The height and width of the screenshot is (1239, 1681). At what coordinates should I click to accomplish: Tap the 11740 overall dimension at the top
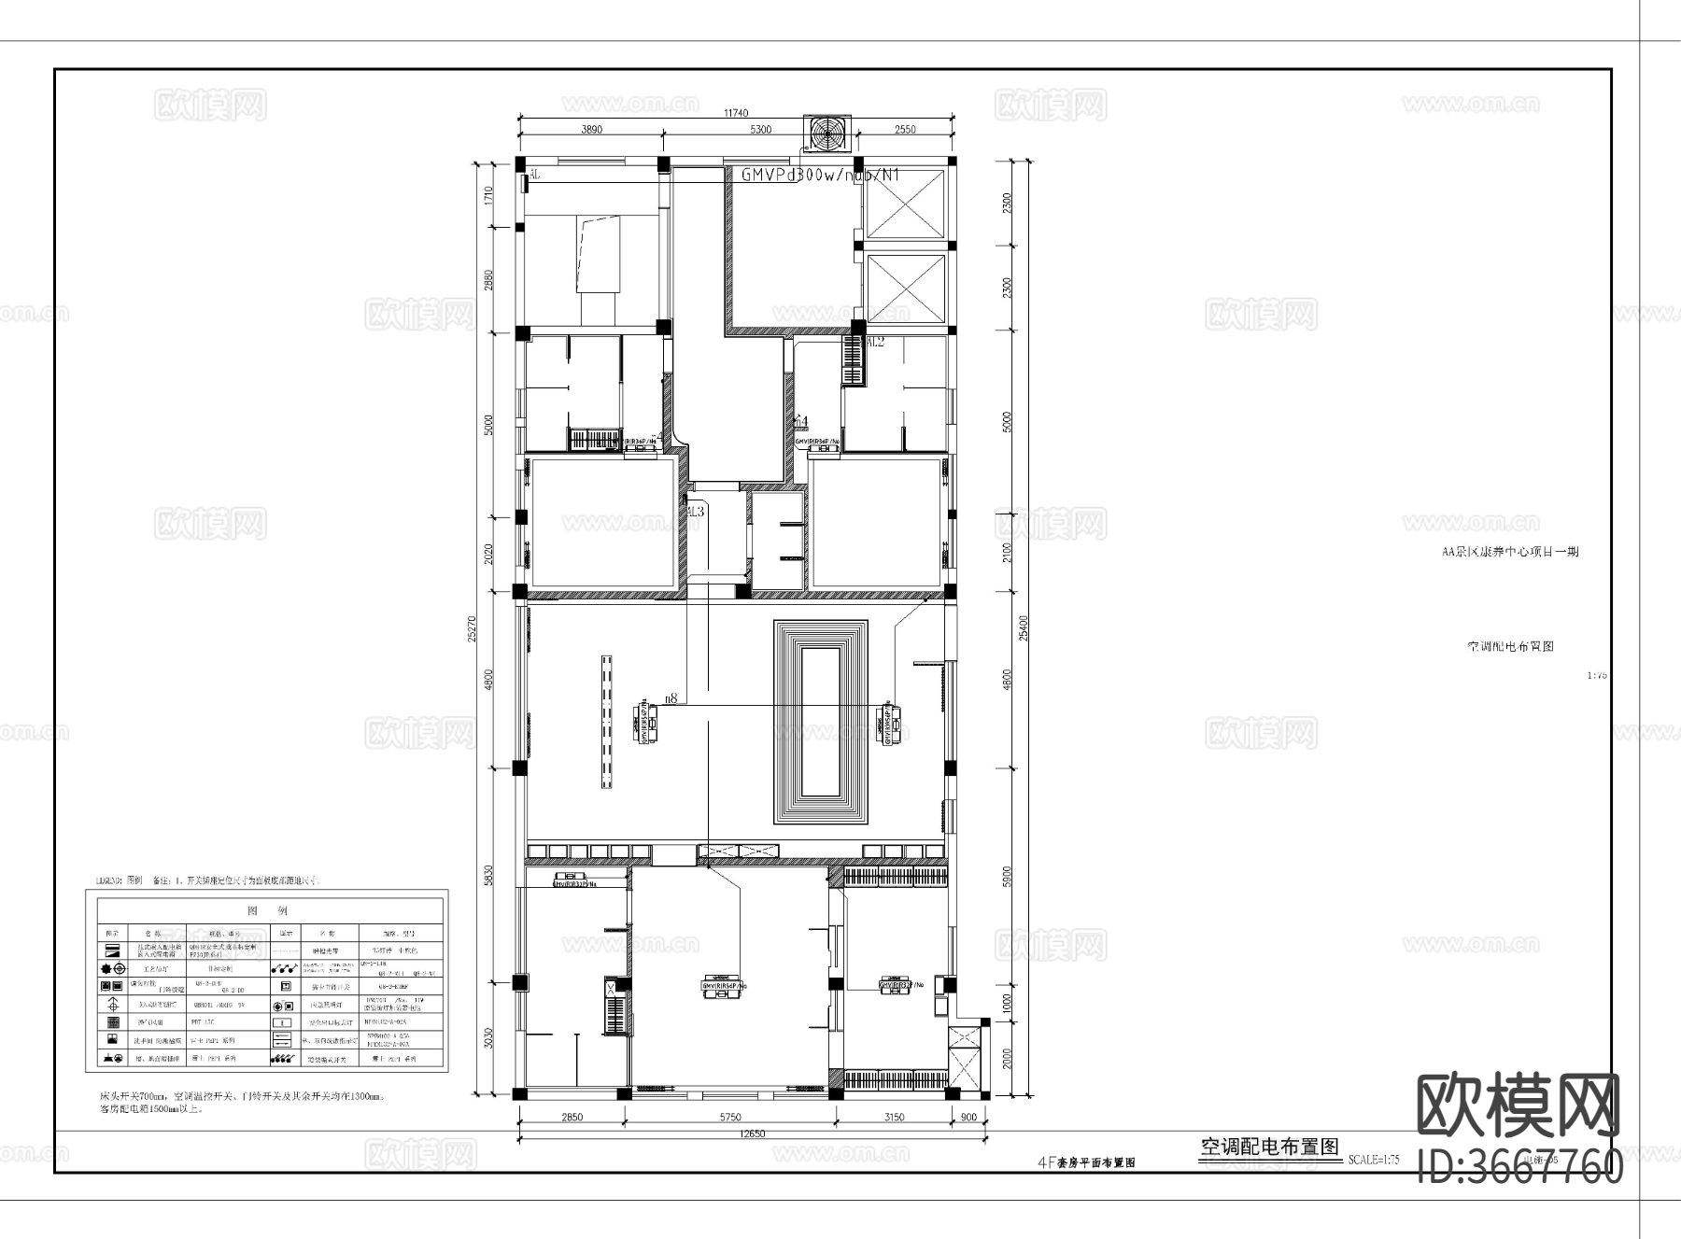tap(736, 113)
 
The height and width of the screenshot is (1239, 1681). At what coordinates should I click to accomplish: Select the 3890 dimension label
tap(591, 131)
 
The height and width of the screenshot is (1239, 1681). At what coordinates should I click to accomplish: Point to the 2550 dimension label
tap(905, 131)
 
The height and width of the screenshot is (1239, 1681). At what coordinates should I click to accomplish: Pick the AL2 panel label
tap(875, 343)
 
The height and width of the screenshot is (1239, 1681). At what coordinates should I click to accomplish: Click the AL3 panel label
tap(695, 512)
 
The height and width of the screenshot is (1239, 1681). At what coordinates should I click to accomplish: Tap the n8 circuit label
tap(671, 697)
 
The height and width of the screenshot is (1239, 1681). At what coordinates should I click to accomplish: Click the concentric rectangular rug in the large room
tap(823, 722)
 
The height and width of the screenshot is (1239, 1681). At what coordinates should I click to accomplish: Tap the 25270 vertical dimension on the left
tap(473, 627)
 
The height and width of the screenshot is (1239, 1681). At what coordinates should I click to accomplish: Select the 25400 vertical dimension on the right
tap(1024, 627)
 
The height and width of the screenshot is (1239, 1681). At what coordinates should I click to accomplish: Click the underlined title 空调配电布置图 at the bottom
tap(1268, 1147)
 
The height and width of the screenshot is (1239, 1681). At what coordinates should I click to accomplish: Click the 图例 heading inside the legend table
tap(266, 910)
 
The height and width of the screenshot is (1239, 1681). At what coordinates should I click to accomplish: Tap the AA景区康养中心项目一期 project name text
tap(1510, 552)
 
